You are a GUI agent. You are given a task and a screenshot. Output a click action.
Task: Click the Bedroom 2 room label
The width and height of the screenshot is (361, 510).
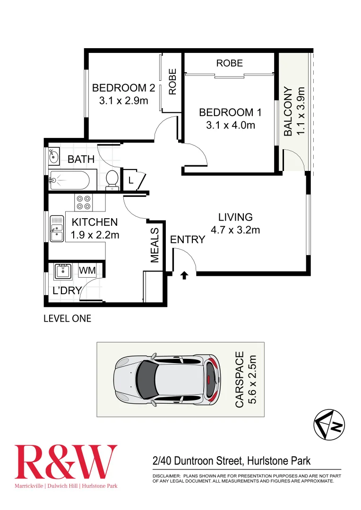[x=123, y=88]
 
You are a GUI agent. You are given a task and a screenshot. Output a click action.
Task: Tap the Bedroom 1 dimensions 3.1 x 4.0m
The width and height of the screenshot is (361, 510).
[x=230, y=125]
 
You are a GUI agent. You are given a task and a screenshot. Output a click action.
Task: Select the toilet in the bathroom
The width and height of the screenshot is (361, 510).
[x=112, y=179]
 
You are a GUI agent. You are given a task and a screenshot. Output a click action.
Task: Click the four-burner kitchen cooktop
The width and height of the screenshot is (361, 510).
[x=84, y=203]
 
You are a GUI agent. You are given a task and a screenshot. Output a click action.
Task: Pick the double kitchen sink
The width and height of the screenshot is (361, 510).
[x=57, y=229]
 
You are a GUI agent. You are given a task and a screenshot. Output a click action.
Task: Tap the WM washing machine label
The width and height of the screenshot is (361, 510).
[x=87, y=270]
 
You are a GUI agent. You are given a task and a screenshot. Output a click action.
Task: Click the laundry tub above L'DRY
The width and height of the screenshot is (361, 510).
[x=62, y=271]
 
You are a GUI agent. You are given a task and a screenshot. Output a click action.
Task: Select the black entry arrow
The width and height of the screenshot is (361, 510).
[x=184, y=275]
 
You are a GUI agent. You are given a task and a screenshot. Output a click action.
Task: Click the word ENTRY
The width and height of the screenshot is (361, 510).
[x=188, y=240]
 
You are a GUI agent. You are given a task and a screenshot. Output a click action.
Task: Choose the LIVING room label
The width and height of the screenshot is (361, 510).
[x=235, y=217]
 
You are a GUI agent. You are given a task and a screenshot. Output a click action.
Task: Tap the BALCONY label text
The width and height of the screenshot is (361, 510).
[x=288, y=111]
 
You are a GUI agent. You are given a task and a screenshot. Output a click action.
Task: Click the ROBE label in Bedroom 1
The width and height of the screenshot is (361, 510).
[x=230, y=63]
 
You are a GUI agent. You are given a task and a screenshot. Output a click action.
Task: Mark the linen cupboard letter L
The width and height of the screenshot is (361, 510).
[x=130, y=180]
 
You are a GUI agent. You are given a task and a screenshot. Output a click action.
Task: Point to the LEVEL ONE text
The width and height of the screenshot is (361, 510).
[x=67, y=319]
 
